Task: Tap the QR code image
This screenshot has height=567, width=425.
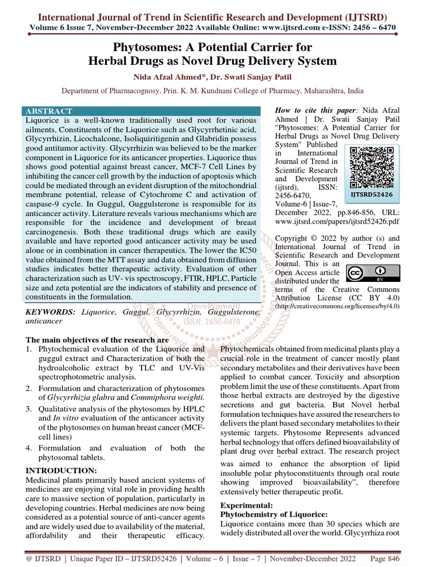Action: [x=371, y=167]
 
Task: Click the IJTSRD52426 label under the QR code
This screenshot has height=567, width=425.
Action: [x=372, y=195]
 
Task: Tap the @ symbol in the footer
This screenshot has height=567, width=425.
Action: [x=29, y=558]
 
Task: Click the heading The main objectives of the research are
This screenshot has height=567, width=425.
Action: [x=97, y=339]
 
